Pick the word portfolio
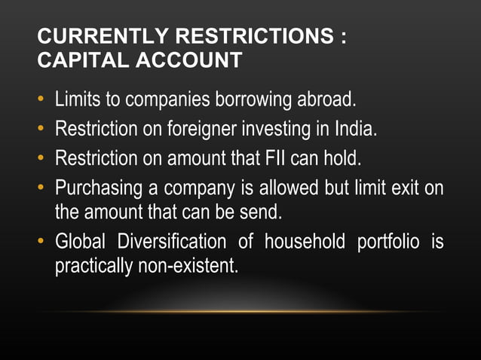tap(389, 243)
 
